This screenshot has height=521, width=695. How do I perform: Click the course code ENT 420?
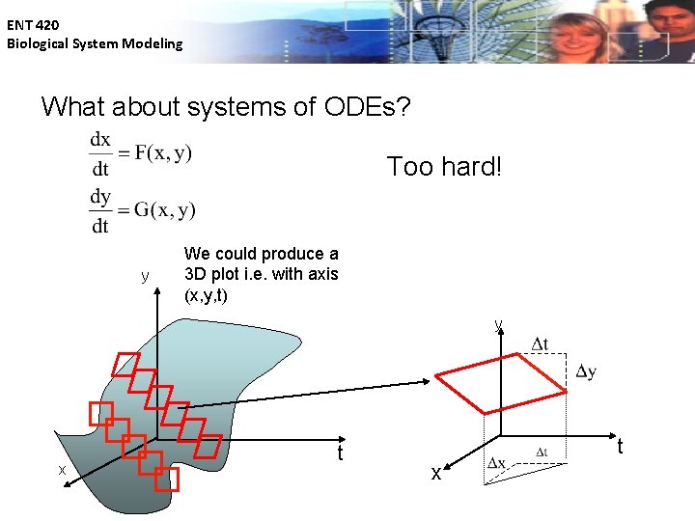(x=33, y=25)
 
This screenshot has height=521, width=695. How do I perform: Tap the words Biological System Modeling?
(x=95, y=43)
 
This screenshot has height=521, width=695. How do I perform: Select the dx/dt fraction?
(x=100, y=152)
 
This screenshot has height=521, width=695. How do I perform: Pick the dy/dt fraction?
(x=100, y=210)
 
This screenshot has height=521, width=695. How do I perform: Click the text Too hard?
(x=444, y=167)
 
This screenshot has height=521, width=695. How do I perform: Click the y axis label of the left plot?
(x=145, y=277)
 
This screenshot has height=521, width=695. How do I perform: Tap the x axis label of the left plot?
(x=62, y=470)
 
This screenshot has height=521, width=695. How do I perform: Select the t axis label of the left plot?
(x=340, y=452)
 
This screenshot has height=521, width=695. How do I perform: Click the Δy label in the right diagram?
(x=585, y=372)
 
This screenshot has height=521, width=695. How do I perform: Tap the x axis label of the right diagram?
(x=436, y=474)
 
